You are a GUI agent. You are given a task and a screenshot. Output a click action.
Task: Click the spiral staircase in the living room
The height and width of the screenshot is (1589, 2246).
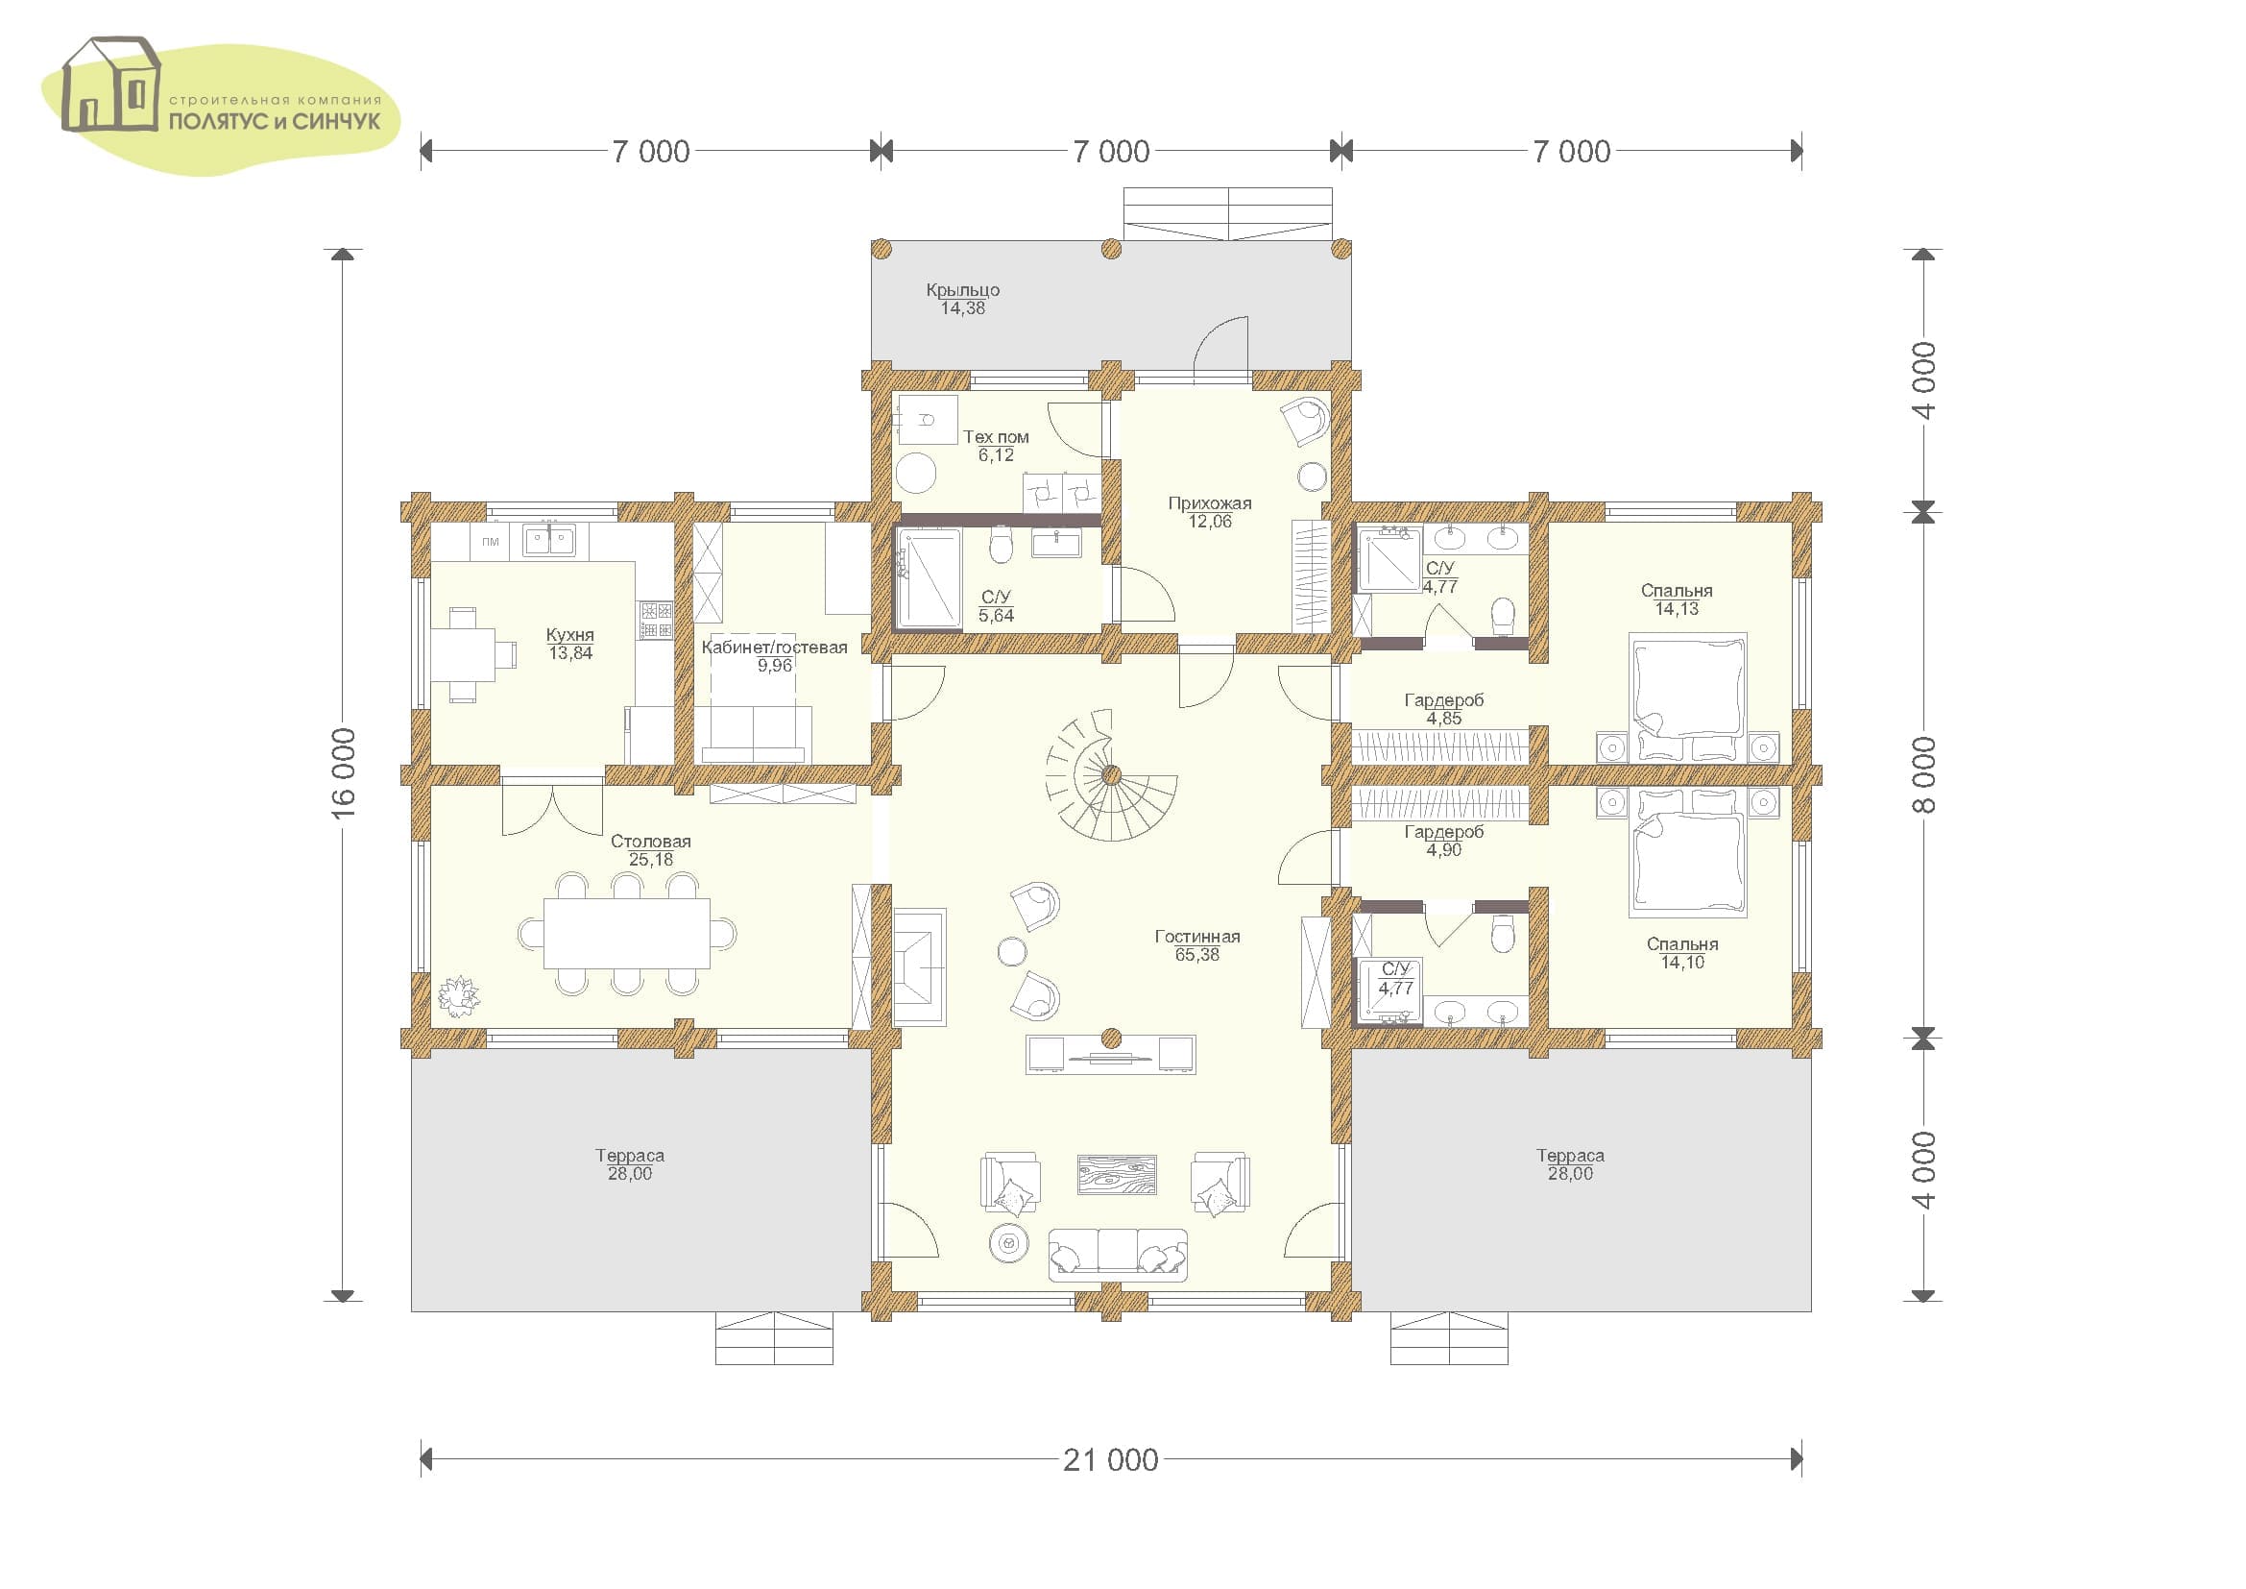(1111, 776)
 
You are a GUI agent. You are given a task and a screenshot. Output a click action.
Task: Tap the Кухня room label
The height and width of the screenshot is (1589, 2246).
(569, 635)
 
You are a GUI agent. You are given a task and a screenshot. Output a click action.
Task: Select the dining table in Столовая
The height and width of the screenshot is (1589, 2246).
(627, 934)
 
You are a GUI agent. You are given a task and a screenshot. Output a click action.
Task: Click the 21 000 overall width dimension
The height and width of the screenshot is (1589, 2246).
(1110, 1460)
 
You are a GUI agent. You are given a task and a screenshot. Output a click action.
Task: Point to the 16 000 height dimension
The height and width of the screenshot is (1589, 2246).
(343, 773)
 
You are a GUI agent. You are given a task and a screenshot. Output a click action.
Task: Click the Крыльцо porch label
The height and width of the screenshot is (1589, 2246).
(962, 289)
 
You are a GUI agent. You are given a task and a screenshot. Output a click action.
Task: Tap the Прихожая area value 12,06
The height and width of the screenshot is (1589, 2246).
(1210, 522)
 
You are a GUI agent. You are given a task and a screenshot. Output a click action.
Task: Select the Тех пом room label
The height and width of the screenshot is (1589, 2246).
(996, 437)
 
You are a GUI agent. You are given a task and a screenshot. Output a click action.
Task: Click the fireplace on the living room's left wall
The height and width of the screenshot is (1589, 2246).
(920, 966)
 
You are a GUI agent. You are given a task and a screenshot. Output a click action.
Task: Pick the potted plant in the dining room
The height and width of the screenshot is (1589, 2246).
(458, 997)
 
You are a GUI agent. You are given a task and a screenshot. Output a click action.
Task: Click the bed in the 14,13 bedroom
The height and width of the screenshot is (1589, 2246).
(1687, 697)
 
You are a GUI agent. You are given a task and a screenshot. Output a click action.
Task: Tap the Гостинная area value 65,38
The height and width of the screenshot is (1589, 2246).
(1197, 955)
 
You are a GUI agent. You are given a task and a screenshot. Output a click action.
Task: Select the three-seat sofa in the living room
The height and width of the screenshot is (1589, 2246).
(1118, 1255)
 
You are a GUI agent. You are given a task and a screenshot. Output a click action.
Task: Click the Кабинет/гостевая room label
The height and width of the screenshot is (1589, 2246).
(774, 647)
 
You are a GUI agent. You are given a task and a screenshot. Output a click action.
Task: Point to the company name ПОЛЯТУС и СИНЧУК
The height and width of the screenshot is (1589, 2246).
(275, 122)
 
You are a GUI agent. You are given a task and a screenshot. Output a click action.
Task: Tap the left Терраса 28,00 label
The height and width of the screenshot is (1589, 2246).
(630, 1164)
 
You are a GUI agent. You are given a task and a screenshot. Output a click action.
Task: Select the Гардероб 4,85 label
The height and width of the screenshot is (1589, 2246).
(1444, 709)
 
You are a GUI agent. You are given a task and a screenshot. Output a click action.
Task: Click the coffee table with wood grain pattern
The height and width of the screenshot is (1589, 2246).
(1117, 1174)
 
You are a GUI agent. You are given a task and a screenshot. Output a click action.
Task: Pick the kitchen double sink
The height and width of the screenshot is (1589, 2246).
(549, 539)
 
